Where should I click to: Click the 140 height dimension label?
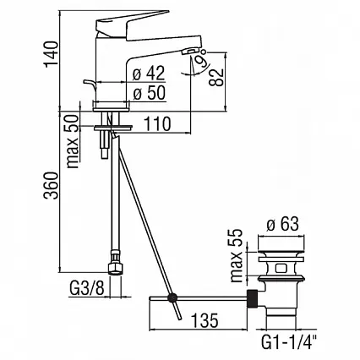click(x=51, y=54)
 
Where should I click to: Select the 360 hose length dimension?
click(x=51, y=185)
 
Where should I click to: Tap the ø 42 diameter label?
click(x=149, y=74)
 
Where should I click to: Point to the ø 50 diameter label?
click(x=149, y=93)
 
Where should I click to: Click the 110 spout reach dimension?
click(x=157, y=124)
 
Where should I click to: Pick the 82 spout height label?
click(x=216, y=77)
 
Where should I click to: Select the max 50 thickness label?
click(x=74, y=142)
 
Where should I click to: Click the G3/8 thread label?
click(x=86, y=288)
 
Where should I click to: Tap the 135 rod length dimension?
click(x=205, y=320)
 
